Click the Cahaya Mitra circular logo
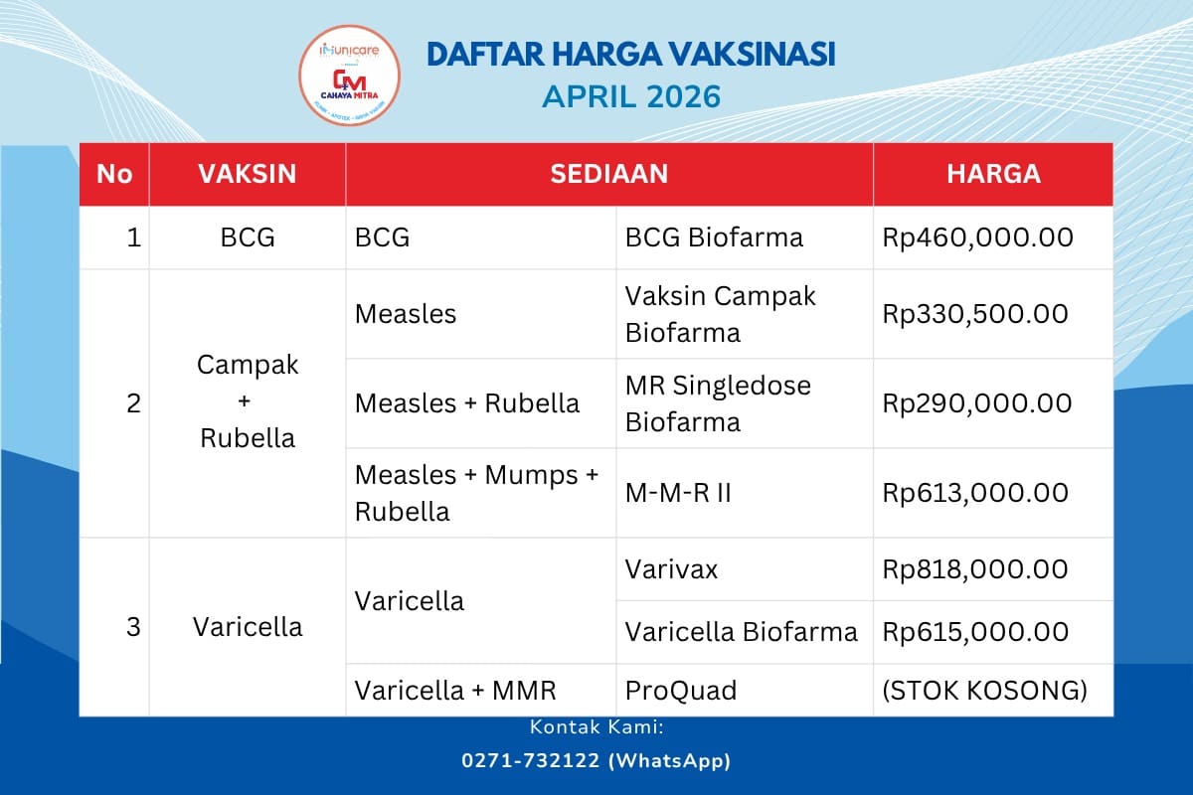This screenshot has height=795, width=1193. coord(350,78)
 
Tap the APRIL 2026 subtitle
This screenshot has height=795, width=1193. coord(630,97)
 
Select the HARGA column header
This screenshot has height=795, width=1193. coord(992,174)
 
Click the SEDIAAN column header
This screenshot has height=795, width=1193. coord(608,174)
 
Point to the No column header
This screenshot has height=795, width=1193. coord(114,174)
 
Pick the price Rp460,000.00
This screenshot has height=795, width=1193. coord(977,238)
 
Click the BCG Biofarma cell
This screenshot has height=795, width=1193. coord(714,238)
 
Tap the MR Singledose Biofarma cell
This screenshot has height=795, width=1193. coord(718,403)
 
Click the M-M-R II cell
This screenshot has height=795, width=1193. coord(678,493)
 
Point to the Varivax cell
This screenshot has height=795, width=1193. coord(671,569)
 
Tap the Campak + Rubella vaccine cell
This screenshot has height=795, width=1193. coord(248,401)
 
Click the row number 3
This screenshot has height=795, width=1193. coord(133,627)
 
